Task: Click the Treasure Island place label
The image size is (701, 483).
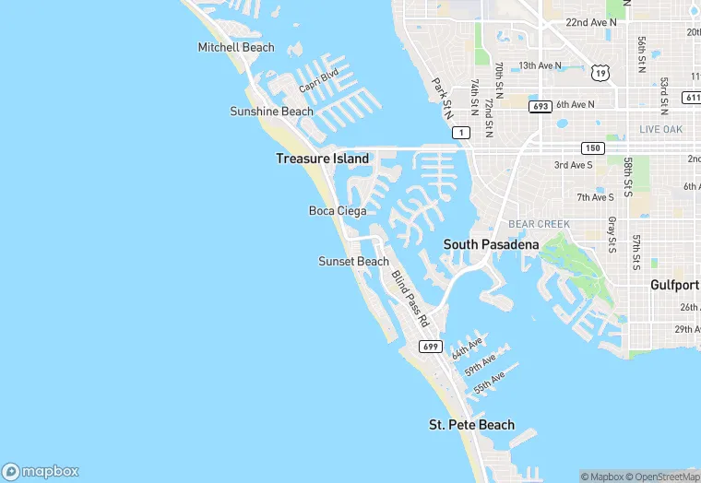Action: [x=322, y=159]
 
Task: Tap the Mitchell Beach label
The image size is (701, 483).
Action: [x=236, y=47]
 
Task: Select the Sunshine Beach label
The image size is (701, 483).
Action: [x=271, y=112]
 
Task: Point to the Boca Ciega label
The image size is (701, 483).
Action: [x=337, y=211]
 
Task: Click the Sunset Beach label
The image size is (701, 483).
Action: [x=353, y=262]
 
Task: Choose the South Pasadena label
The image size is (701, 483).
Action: [x=491, y=244]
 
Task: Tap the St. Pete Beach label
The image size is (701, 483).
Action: [x=471, y=425]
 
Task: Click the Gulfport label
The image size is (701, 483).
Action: [x=674, y=285]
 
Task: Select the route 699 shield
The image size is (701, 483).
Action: [x=430, y=347]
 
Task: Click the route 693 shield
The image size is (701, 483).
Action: [x=541, y=107]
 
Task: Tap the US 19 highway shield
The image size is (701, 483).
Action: [x=600, y=72]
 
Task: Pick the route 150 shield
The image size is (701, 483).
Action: [x=592, y=148]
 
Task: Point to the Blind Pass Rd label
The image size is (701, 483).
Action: [x=410, y=299]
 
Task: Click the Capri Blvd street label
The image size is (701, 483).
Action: [x=318, y=80]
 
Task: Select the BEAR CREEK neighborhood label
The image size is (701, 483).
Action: [x=540, y=224]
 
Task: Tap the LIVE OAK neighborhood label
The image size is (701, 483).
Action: [x=660, y=130]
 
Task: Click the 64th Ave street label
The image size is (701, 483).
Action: [x=467, y=348]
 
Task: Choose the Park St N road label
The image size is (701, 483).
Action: [x=444, y=97]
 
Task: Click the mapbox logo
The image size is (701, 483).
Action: [x=41, y=471]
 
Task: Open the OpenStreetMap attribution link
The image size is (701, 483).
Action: [x=663, y=477]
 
